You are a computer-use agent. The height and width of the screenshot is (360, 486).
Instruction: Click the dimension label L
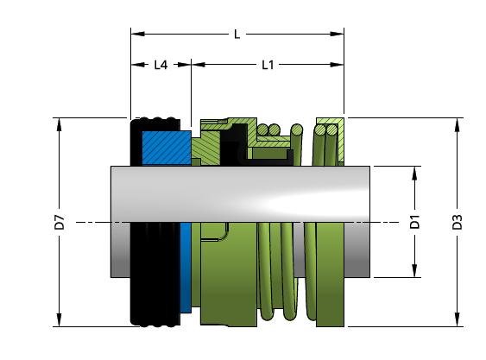pyautogui.click(x=237, y=35)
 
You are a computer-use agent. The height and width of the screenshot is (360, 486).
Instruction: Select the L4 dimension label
pyautogui.click(x=161, y=65)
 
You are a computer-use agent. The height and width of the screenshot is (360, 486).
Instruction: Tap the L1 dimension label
pyautogui.click(x=268, y=65)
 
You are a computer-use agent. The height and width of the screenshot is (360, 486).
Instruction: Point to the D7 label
pyautogui.click(x=59, y=222)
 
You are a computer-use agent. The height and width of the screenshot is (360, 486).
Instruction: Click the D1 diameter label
pyautogui.click(x=414, y=221)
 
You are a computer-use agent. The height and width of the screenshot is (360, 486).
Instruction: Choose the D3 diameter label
pyautogui.click(x=457, y=222)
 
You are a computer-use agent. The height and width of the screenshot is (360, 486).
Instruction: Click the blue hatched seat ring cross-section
pyautogui.click(x=167, y=148)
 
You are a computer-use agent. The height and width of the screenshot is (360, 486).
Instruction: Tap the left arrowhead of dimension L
pyautogui.click(x=137, y=34)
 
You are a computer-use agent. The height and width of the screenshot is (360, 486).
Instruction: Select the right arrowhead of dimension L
pyautogui.click(x=337, y=34)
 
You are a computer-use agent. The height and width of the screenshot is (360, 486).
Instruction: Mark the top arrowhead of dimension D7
pyautogui.click(x=59, y=124)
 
